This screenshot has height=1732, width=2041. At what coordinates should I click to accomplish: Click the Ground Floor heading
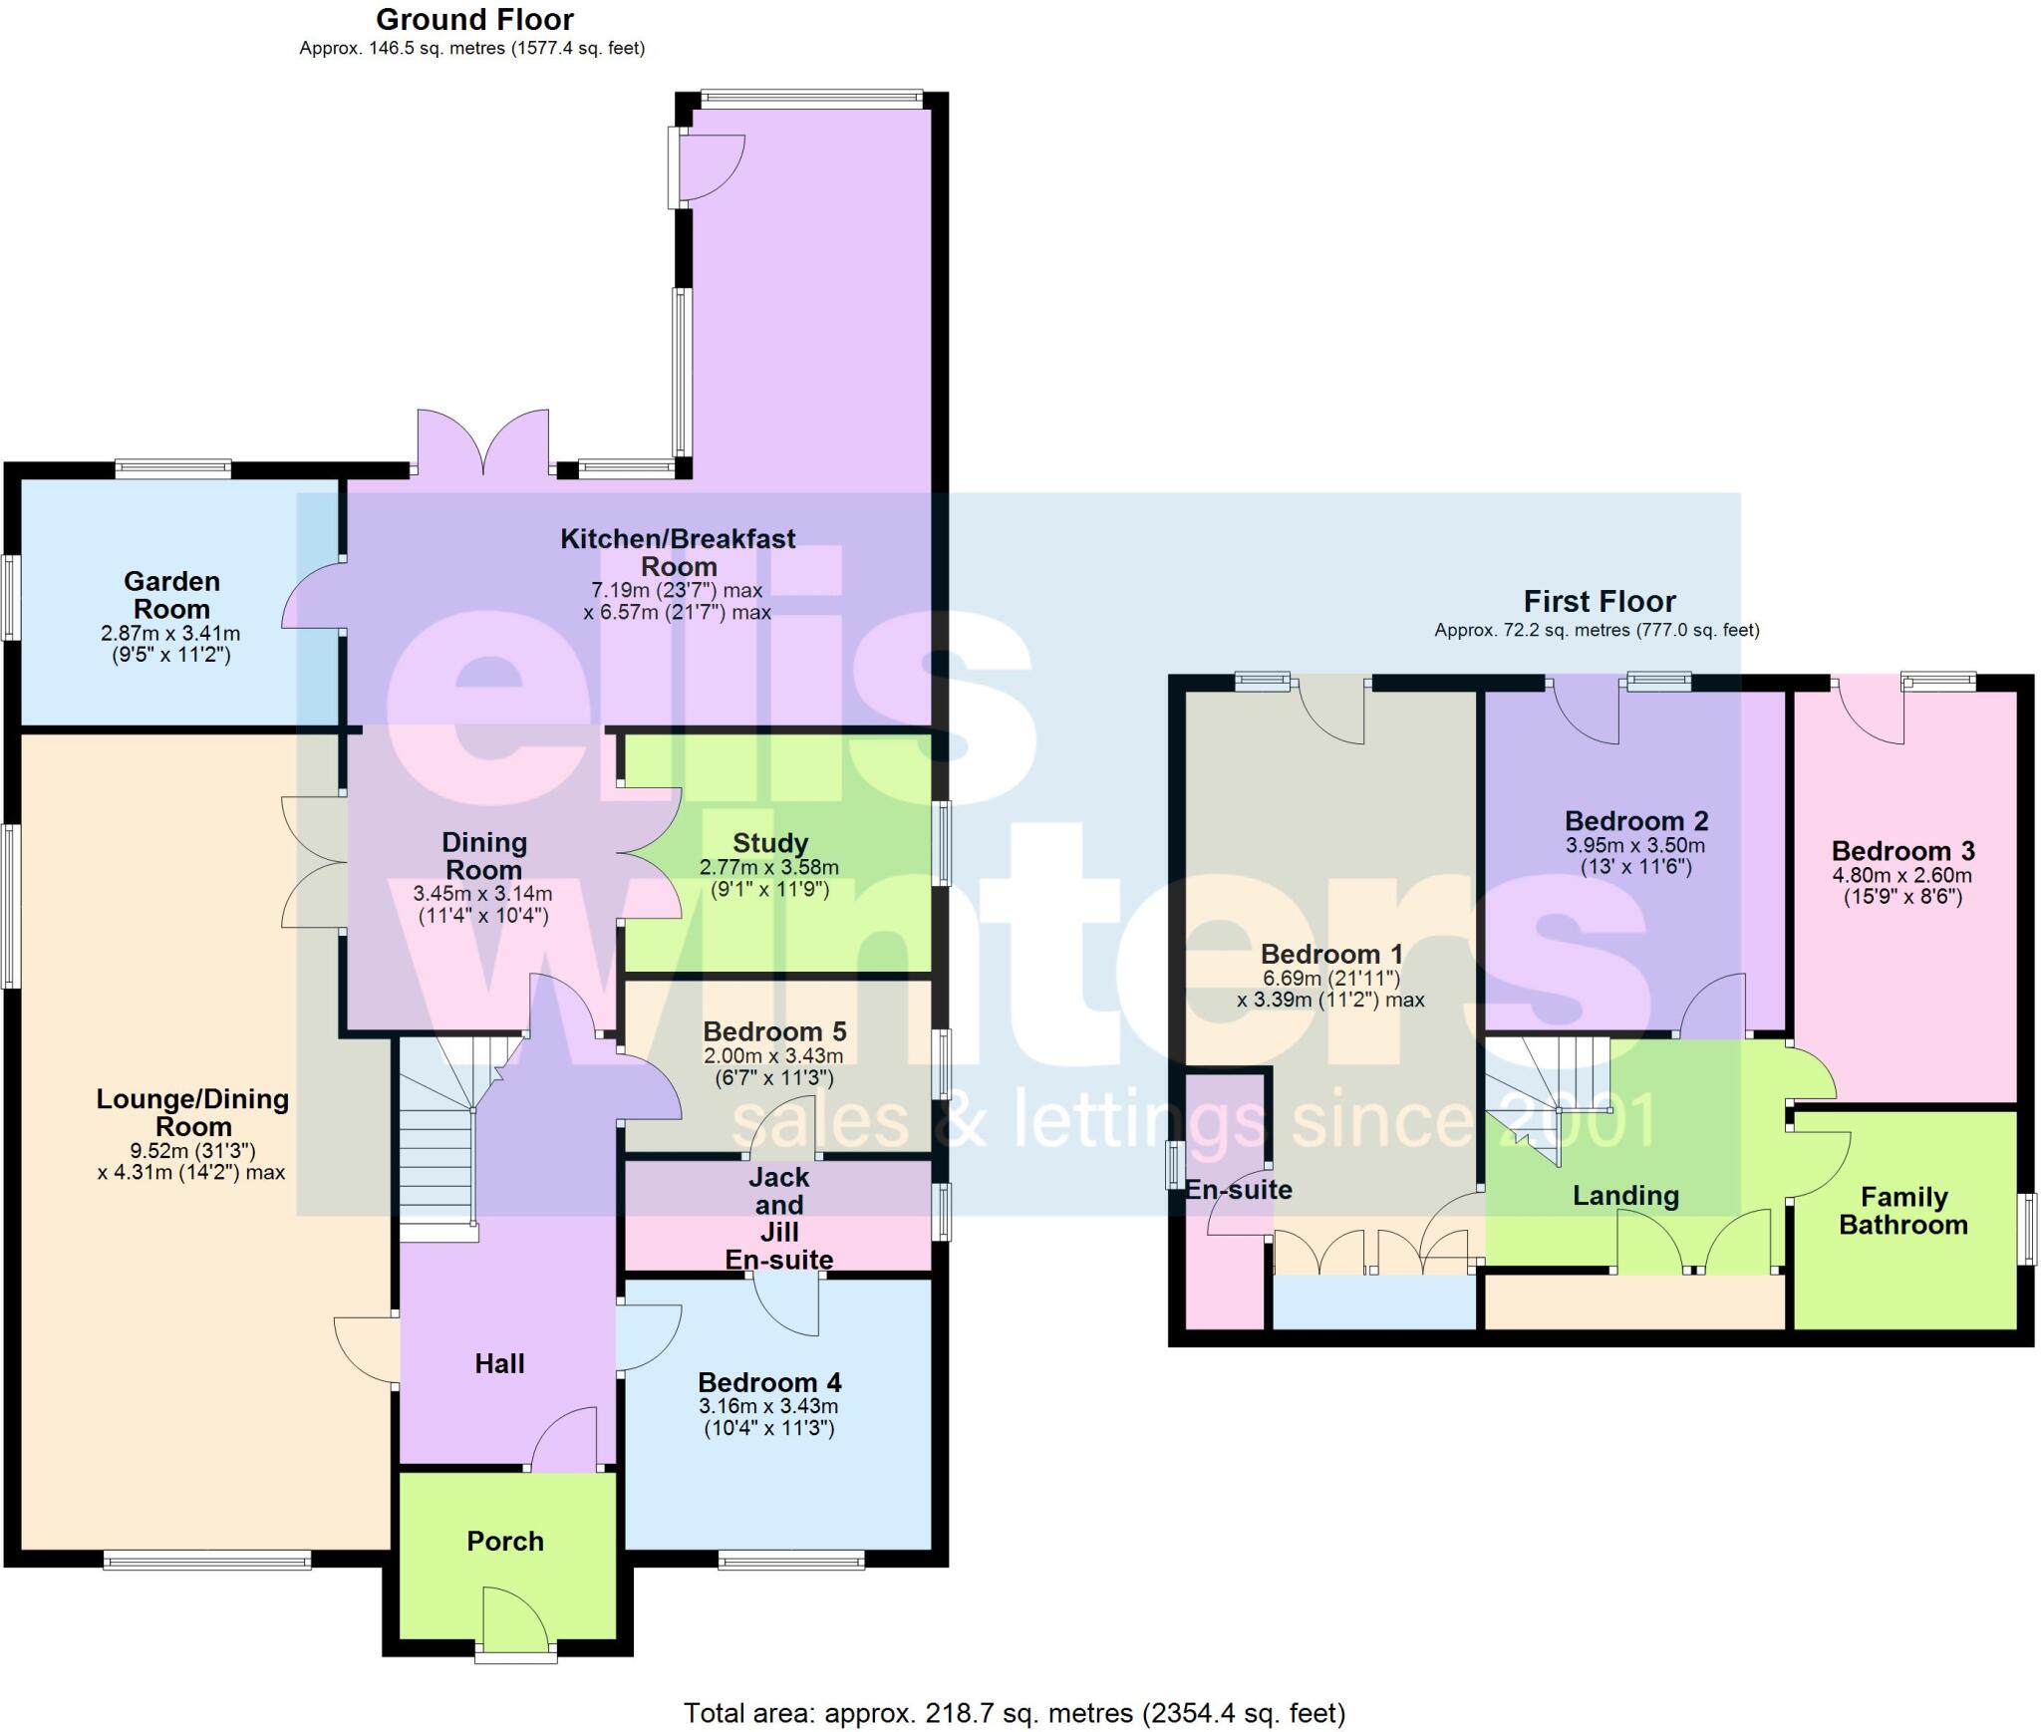(474, 20)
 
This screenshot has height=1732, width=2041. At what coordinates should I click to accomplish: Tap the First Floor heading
(1599, 602)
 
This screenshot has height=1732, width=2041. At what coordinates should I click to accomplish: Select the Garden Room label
(171, 595)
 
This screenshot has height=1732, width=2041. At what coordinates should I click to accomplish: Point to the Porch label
(505, 1541)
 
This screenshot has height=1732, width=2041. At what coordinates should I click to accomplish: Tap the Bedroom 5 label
(774, 1031)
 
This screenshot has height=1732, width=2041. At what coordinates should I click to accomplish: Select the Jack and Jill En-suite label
(778, 1218)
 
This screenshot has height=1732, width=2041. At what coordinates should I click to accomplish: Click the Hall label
(499, 1363)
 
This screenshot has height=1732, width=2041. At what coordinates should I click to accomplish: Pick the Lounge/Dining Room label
(192, 1112)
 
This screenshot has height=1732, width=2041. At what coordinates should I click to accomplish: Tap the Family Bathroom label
(1902, 1211)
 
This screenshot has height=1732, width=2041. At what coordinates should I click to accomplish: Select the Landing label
(1625, 1196)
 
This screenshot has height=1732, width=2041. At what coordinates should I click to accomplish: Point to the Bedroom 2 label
(1636, 821)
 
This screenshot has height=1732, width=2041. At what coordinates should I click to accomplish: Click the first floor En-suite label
(1238, 1189)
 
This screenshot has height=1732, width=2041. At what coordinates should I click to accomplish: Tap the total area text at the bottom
(1014, 1712)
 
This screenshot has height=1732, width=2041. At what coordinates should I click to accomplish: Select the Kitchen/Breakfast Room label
(678, 552)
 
